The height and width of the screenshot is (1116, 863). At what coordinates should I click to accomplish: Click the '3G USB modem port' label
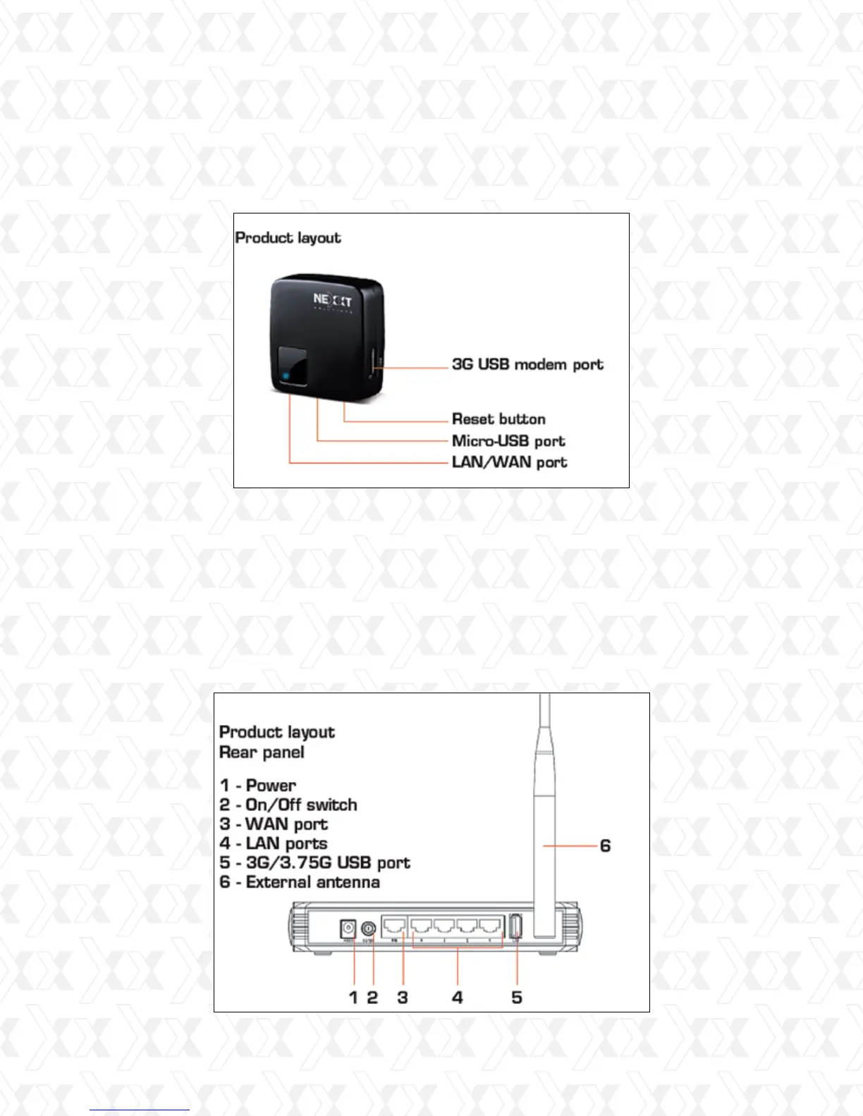pos(527,364)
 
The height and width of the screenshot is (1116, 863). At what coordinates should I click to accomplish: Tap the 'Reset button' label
pos(498,419)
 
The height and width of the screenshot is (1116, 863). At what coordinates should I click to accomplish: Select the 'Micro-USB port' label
pos(508,441)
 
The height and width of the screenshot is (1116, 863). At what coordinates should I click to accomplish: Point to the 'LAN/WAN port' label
pos(509,462)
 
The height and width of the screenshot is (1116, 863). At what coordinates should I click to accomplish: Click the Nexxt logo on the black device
pos(332,301)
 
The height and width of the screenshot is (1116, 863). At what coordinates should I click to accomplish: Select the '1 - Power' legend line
pos(257,785)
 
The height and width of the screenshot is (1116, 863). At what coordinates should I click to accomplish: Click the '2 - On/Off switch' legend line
pos(288,805)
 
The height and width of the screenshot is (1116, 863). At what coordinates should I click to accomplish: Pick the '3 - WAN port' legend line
pos(274,824)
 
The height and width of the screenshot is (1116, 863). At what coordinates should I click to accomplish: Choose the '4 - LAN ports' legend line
pos(274,843)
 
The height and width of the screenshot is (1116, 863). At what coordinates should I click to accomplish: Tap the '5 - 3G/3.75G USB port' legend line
pos(314,862)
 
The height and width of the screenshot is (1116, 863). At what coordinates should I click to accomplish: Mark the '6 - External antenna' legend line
pos(300,882)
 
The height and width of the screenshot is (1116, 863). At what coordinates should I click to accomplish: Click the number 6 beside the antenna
pos(605,845)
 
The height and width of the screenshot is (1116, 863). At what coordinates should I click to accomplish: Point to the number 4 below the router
pos(458,997)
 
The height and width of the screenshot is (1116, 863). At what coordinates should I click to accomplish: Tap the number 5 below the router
pos(517,997)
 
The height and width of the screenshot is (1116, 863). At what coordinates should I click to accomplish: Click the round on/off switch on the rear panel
pos(367,929)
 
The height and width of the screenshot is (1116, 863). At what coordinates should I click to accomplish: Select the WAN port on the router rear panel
pos(395,926)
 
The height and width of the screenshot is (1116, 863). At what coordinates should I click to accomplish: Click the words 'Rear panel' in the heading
pos(262,752)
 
